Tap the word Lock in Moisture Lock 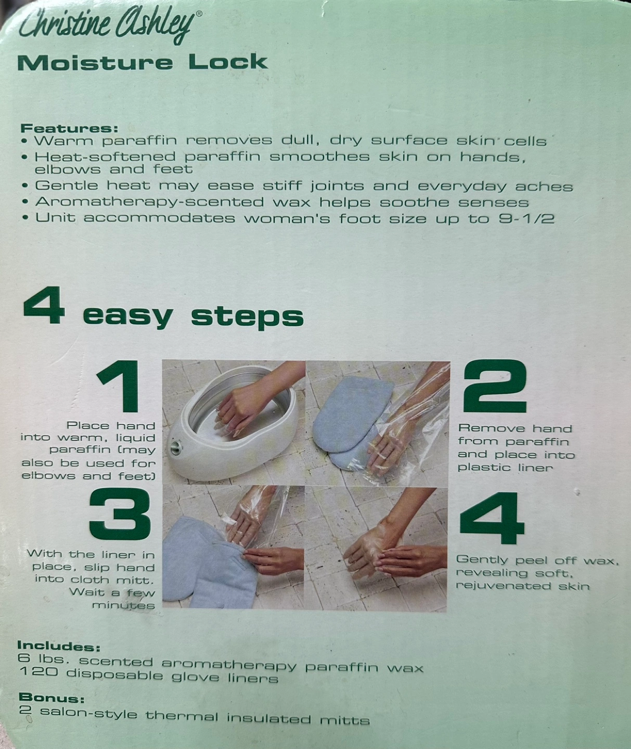click(228, 62)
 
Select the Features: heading click(69, 128)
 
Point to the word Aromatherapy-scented click(150, 202)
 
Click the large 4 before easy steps click(44, 306)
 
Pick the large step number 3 click(120, 514)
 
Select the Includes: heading click(58, 646)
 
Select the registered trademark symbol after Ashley click(199, 14)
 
